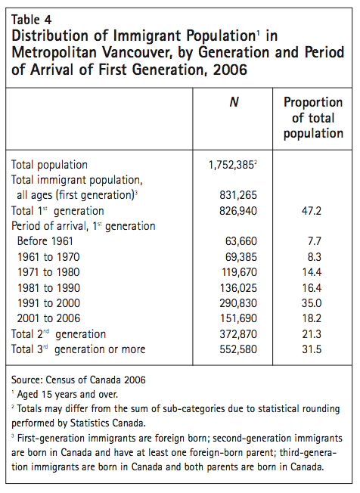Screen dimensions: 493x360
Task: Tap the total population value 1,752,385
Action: [x=237, y=164]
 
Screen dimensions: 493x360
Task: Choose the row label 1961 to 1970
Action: [x=51, y=256]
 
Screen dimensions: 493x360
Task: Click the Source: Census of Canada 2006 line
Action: [x=78, y=379]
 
